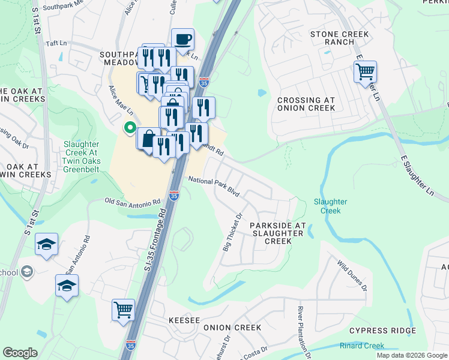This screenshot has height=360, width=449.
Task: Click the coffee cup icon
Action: coord(182,40)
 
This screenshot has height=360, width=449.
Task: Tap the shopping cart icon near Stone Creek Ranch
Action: coord(365,72)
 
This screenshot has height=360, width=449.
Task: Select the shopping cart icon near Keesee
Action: coord(123,310)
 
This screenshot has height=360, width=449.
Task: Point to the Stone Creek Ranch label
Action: coord(339,38)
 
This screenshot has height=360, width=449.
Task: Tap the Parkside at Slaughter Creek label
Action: coord(277,233)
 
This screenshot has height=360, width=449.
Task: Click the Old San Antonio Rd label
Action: coord(133,202)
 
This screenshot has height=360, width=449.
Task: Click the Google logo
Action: coord(20,353)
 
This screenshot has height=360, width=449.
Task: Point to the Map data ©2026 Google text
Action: coord(411,355)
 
